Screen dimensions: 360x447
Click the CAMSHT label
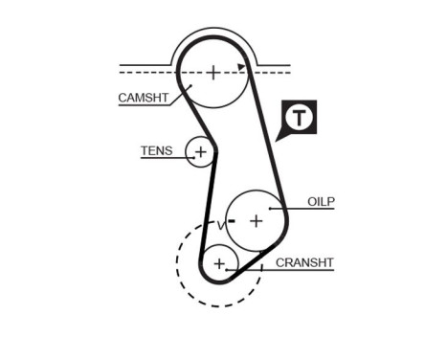coord(144,98)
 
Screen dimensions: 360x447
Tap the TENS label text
coord(157,150)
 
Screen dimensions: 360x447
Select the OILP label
coord(322,201)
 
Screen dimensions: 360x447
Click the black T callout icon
coord(302,118)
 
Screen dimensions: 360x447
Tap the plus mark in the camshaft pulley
coord(212,71)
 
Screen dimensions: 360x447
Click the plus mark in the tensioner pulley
coord(200,152)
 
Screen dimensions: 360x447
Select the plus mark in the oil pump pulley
coord(256,221)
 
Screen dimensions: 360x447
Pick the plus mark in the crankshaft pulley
coord(220,262)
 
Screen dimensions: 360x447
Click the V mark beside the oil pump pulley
coord(220,224)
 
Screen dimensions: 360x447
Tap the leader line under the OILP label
coord(306,209)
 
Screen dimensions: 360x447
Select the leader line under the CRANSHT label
coord(287,269)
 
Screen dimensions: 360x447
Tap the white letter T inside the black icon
coord(302,117)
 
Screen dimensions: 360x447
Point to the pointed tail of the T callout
coord(279,138)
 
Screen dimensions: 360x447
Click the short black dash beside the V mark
coord(232,221)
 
